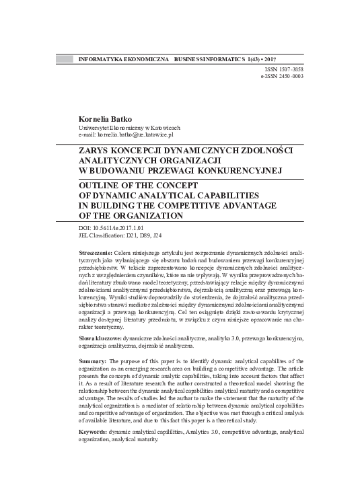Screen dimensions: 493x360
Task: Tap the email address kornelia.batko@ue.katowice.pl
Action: [136, 135]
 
